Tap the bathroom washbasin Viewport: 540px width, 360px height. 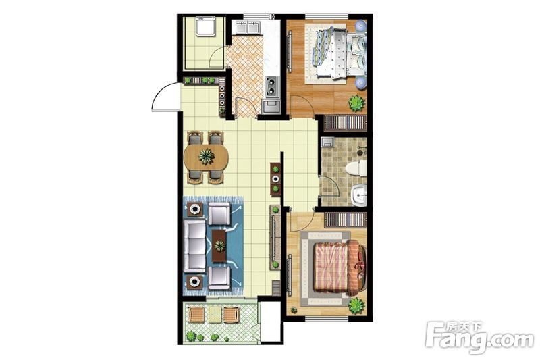(x=359, y=195)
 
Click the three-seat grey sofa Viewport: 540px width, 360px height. (x=194, y=246)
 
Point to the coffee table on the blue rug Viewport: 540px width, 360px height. (x=219, y=246)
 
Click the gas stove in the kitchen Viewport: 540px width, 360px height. (x=272, y=86)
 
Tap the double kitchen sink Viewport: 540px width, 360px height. (x=248, y=27)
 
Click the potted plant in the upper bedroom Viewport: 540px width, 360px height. (x=356, y=103)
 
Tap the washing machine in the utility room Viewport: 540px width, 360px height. (x=206, y=26)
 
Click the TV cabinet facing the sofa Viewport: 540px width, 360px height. (x=275, y=237)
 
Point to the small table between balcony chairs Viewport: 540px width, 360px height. (x=215, y=315)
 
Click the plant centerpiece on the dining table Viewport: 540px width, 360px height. (x=207, y=157)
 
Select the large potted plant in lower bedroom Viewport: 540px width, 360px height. (x=356, y=305)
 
